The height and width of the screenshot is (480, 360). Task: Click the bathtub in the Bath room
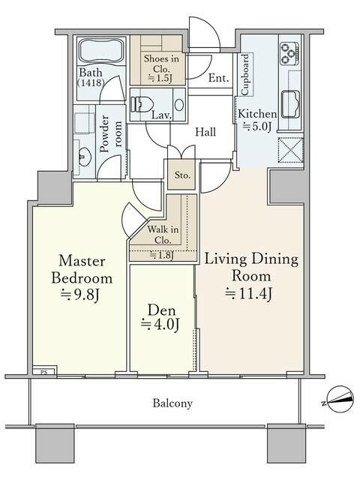(101, 51)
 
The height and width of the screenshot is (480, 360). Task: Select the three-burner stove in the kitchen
(289, 53)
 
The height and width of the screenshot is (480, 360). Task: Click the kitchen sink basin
(290, 104)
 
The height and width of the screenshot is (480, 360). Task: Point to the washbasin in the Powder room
(84, 157)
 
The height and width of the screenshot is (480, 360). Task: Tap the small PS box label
(44, 373)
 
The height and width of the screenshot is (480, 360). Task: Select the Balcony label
(172, 403)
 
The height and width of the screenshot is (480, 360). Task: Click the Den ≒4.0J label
(160, 318)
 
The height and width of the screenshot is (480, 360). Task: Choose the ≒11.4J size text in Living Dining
(248, 293)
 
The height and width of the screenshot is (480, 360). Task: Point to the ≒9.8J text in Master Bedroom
(79, 295)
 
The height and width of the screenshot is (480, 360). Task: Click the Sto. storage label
(182, 175)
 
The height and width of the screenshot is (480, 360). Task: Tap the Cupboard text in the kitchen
(245, 75)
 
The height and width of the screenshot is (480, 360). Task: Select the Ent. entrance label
(218, 78)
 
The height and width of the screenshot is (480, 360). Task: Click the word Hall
(205, 132)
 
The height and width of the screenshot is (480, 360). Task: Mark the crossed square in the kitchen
(290, 150)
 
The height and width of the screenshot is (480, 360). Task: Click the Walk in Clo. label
(163, 235)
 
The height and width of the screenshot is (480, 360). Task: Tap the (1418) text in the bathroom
(91, 82)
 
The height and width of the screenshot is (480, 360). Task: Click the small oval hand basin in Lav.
(179, 105)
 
